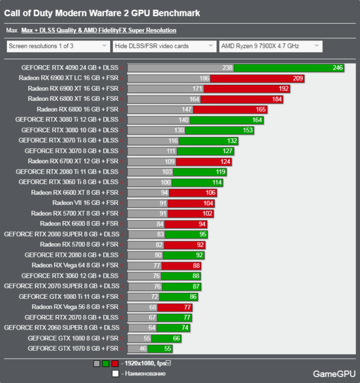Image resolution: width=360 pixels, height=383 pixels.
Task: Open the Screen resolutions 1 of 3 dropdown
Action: (58, 46)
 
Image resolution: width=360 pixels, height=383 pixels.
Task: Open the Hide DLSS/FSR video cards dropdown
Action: (165, 46)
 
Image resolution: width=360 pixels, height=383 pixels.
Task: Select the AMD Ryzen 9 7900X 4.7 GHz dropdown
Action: (270, 46)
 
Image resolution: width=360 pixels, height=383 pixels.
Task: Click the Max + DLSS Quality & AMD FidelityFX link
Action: (98, 31)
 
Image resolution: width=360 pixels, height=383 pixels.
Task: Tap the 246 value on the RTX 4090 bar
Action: (337, 68)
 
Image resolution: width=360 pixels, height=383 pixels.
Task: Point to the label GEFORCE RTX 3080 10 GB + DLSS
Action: (70, 130)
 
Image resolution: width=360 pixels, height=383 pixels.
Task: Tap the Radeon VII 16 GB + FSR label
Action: (85, 203)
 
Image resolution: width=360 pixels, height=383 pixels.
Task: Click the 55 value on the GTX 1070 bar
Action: (152, 349)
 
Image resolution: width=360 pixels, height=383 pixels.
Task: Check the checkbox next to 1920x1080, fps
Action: (168, 363)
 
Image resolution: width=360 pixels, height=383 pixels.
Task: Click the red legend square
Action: (115, 364)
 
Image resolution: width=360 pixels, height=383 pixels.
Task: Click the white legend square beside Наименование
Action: (115, 373)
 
